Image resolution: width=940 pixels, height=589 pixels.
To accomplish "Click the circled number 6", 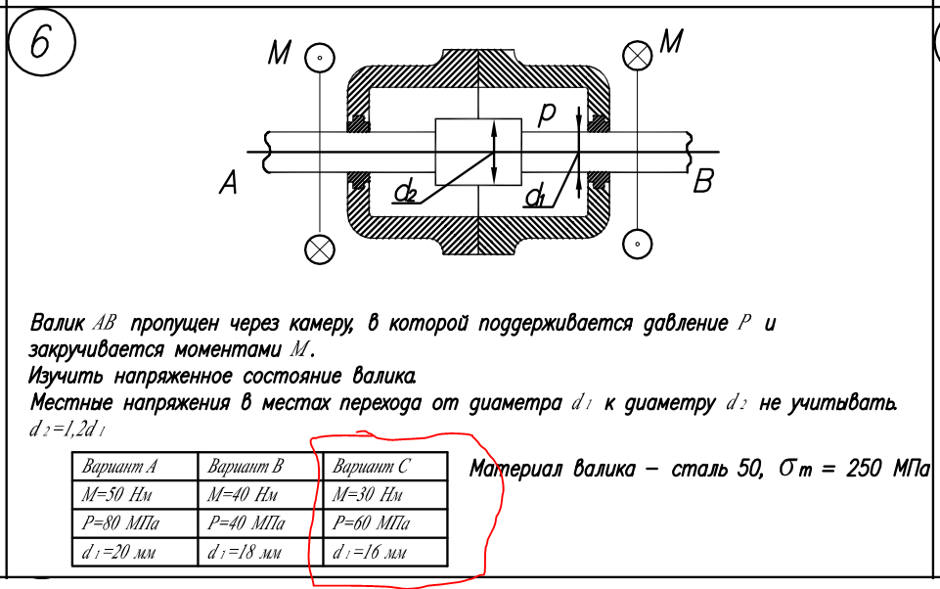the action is coord(41,42).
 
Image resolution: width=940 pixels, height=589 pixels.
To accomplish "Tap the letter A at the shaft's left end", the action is coord(229,182).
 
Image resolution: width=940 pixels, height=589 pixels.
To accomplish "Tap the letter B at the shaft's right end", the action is coord(703,181).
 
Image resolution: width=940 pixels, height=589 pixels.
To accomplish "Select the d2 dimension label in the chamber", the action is coord(406,193).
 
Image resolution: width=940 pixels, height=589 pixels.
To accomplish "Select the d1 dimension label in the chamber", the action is coord(535,196).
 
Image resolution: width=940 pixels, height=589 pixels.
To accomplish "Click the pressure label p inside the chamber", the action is coord(547,113).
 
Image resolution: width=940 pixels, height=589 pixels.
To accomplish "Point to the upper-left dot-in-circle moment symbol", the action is coord(320,58).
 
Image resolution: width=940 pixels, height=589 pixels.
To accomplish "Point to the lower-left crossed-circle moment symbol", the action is coord(320,249).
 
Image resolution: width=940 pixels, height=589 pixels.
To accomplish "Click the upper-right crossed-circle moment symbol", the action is coord(637,56).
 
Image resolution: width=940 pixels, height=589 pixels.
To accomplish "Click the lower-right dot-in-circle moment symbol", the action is coord(637,245).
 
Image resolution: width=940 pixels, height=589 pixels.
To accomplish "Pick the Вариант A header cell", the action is coord(135,466).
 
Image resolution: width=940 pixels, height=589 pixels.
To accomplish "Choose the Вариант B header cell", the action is coord(260,466).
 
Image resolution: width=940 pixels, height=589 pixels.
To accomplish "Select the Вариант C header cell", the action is coord(385,466).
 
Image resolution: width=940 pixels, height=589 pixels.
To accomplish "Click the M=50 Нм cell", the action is coord(135,494).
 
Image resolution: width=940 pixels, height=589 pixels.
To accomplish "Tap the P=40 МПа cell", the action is coord(260,523).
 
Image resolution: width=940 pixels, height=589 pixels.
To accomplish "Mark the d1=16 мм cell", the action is coord(385,552).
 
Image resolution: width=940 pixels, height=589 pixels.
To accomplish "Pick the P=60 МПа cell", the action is coord(385,523).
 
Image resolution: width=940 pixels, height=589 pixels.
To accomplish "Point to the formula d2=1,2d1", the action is coord(67,430).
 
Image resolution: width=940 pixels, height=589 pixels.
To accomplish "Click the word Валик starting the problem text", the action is coord(57,324).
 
